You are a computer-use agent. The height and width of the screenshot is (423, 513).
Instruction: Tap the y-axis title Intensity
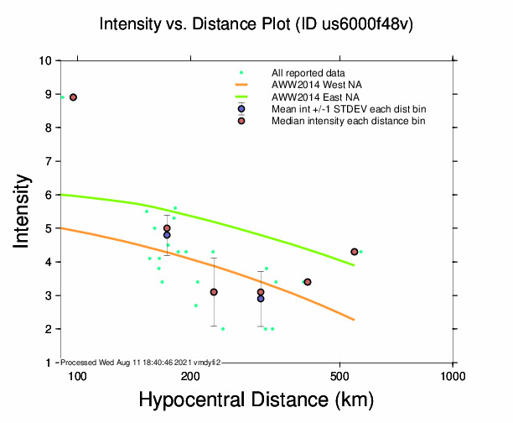point(23,211)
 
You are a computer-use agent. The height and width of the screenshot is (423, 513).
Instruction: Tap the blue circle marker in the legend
point(241,109)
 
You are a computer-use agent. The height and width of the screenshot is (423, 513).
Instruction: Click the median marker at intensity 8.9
point(74,97)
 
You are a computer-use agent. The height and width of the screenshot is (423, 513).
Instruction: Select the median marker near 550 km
point(355,252)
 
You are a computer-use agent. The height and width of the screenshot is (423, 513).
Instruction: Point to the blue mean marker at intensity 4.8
point(167,235)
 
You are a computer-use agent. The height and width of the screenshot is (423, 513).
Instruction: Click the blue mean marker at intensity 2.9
point(261,299)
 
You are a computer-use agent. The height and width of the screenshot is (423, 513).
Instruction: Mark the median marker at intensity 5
point(167,228)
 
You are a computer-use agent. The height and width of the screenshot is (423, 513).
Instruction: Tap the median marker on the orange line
point(308,282)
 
